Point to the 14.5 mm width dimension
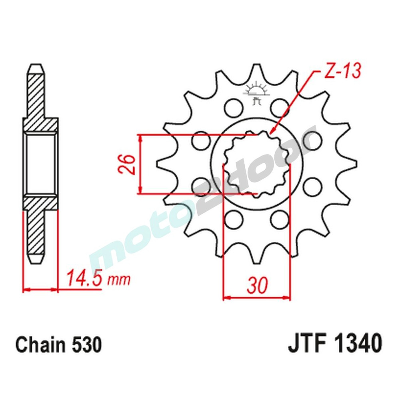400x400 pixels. click(x=98, y=278)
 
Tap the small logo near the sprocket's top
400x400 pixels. click(x=256, y=92)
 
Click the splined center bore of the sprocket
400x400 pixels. click(x=256, y=164)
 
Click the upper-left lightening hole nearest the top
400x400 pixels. click(x=234, y=107)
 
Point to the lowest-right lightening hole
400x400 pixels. click(x=278, y=219)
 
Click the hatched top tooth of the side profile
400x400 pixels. click(x=36, y=92)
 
